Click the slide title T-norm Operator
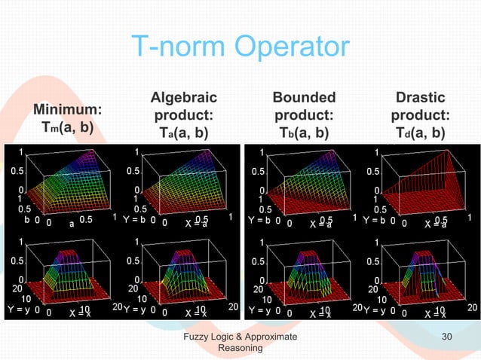click(240, 47)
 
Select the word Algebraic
click(183, 98)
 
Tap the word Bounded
click(304, 98)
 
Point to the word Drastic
click(420, 98)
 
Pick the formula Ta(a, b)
click(183, 134)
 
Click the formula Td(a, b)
click(420, 134)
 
